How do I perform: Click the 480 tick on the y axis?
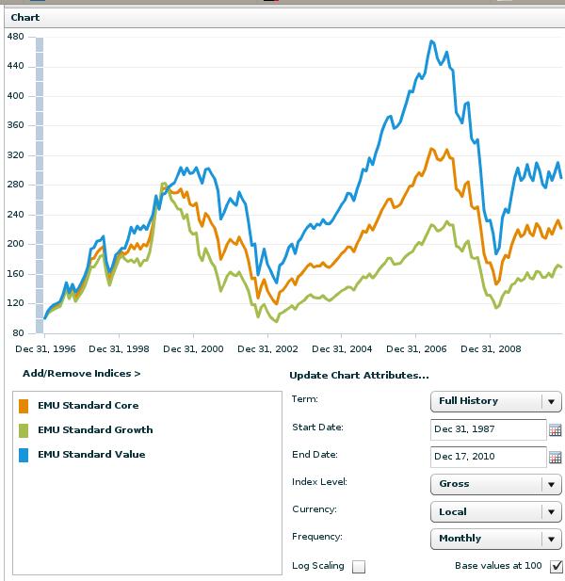[14, 36]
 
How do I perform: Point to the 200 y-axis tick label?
[14, 244]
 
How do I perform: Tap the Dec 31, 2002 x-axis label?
[267, 348]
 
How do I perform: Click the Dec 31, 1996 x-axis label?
[45, 348]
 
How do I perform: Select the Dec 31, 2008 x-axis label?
[491, 348]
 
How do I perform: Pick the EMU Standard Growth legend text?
[95, 430]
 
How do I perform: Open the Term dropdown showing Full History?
[495, 401]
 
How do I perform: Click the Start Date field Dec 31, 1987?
[488, 429]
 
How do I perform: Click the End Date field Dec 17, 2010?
[488, 458]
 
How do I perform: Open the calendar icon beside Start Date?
[555, 430]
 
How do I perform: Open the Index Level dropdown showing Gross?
[495, 484]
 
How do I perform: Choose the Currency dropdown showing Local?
[495, 512]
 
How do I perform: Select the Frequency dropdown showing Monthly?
[495, 539]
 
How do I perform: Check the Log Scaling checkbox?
[358, 567]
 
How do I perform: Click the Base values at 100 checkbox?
[556, 566]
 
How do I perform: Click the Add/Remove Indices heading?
[81, 374]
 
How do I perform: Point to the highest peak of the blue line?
[431, 41]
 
